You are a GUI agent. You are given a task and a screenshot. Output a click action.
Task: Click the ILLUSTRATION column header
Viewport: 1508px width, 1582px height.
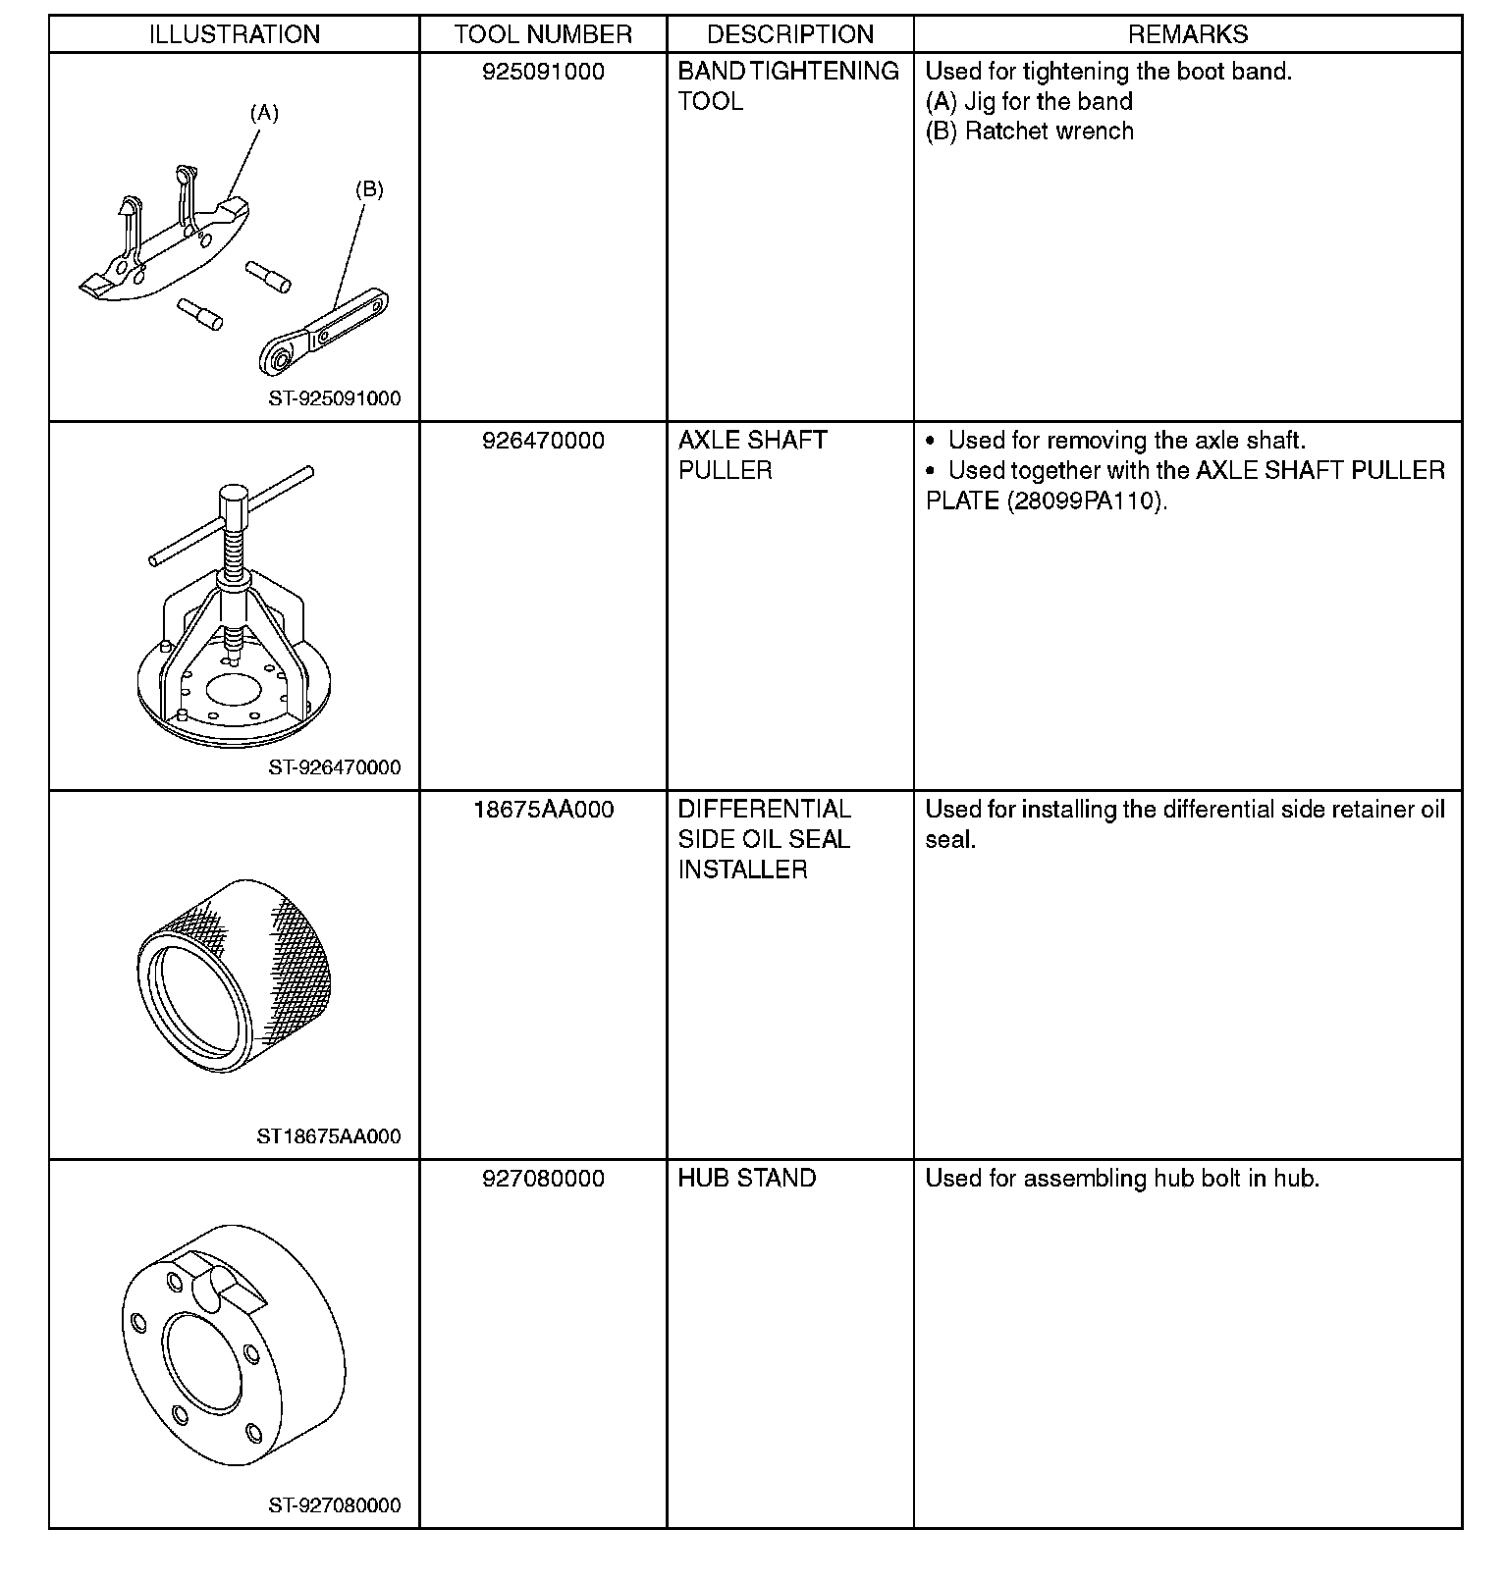[x=234, y=35]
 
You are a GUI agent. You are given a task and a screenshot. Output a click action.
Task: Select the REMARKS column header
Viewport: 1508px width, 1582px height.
[x=1187, y=35]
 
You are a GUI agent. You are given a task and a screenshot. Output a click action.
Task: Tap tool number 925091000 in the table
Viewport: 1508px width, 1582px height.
[x=543, y=72]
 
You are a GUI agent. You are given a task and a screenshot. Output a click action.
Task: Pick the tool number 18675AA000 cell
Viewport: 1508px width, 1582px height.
[x=543, y=810]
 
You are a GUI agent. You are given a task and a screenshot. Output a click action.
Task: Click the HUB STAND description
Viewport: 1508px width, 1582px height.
[x=746, y=1179]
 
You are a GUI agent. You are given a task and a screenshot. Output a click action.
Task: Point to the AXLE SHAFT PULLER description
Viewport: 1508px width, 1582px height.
[x=752, y=455]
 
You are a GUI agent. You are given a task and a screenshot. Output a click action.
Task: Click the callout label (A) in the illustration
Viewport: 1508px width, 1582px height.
[x=263, y=114]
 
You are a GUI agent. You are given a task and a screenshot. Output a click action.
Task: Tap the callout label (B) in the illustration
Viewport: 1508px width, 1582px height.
[x=369, y=190]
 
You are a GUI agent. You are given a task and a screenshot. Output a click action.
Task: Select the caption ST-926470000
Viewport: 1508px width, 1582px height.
[x=335, y=767]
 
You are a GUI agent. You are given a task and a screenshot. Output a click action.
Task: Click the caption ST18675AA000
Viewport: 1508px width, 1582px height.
[x=329, y=1136]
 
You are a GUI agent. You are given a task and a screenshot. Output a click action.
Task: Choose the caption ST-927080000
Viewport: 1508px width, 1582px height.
[x=335, y=1505]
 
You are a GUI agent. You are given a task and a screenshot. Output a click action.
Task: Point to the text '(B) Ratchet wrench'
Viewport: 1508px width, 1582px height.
[x=1029, y=132]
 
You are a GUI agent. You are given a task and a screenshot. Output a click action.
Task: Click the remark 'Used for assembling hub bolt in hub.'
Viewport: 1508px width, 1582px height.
[x=1122, y=1179]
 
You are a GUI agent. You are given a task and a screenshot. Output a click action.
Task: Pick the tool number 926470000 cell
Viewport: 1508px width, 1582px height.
[x=543, y=441]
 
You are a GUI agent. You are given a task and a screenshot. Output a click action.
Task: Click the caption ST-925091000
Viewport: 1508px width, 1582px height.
[x=335, y=399]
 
